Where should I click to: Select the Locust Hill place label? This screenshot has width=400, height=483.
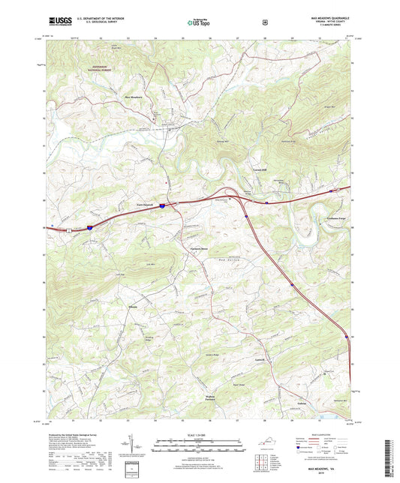coord(260,171)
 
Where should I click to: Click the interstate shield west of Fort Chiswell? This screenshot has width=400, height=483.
coord(89,224)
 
